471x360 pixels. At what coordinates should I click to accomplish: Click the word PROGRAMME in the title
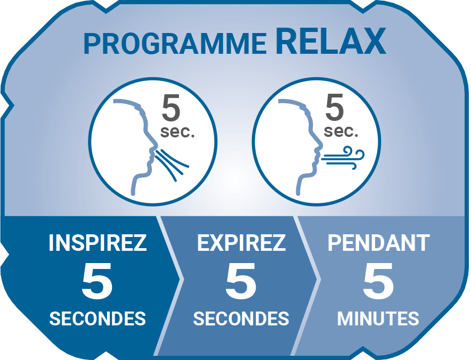[x=175, y=44]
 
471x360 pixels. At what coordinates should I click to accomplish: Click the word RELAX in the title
[x=331, y=42]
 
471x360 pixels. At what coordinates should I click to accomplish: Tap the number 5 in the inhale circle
[x=171, y=108]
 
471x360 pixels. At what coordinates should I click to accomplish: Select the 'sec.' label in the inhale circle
[x=177, y=132]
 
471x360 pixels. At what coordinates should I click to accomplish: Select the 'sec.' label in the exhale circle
[x=341, y=132]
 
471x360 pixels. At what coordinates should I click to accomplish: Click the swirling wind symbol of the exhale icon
[x=344, y=158]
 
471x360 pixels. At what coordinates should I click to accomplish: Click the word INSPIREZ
[x=98, y=243]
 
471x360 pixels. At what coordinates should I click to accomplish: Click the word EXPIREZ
[x=241, y=243]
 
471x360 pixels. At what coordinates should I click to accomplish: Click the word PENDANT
[x=378, y=243]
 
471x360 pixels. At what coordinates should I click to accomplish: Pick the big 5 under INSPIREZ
[x=97, y=281]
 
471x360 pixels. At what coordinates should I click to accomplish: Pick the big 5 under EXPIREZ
[x=241, y=281]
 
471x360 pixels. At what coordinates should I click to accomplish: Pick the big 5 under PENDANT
[x=378, y=281]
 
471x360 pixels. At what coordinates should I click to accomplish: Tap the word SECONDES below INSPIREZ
[x=98, y=318]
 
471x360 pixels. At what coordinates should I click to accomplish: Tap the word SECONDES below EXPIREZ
[x=241, y=318]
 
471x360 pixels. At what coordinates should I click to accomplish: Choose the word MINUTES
[x=378, y=318]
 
